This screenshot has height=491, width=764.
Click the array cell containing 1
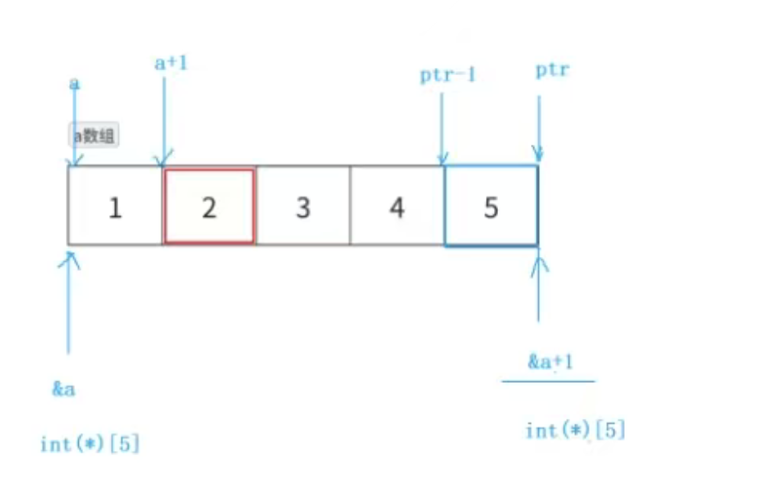[x=115, y=206]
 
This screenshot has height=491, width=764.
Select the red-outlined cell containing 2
[x=210, y=206]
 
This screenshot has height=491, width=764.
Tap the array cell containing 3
[x=303, y=206]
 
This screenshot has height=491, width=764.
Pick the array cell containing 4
[x=397, y=206]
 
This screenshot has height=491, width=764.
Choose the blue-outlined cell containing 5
[x=490, y=206]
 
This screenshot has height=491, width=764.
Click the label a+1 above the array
[x=172, y=63]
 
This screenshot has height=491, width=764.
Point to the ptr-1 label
[x=447, y=75]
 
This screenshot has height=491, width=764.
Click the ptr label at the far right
[x=553, y=71]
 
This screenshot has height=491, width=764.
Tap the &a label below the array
[x=64, y=390]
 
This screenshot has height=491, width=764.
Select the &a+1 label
[x=551, y=362]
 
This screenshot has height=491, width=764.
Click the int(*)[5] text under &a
[x=90, y=443]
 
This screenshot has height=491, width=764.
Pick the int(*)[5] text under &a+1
[x=575, y=430]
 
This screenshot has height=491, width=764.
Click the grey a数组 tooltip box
[x=93, y=135]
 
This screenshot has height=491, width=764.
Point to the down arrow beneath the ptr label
[x=537, y=122]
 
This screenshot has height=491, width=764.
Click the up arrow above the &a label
[x=69, y=302]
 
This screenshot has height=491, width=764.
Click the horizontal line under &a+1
[x=548, y=381]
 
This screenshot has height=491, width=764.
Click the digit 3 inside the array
[x=303, y=207]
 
